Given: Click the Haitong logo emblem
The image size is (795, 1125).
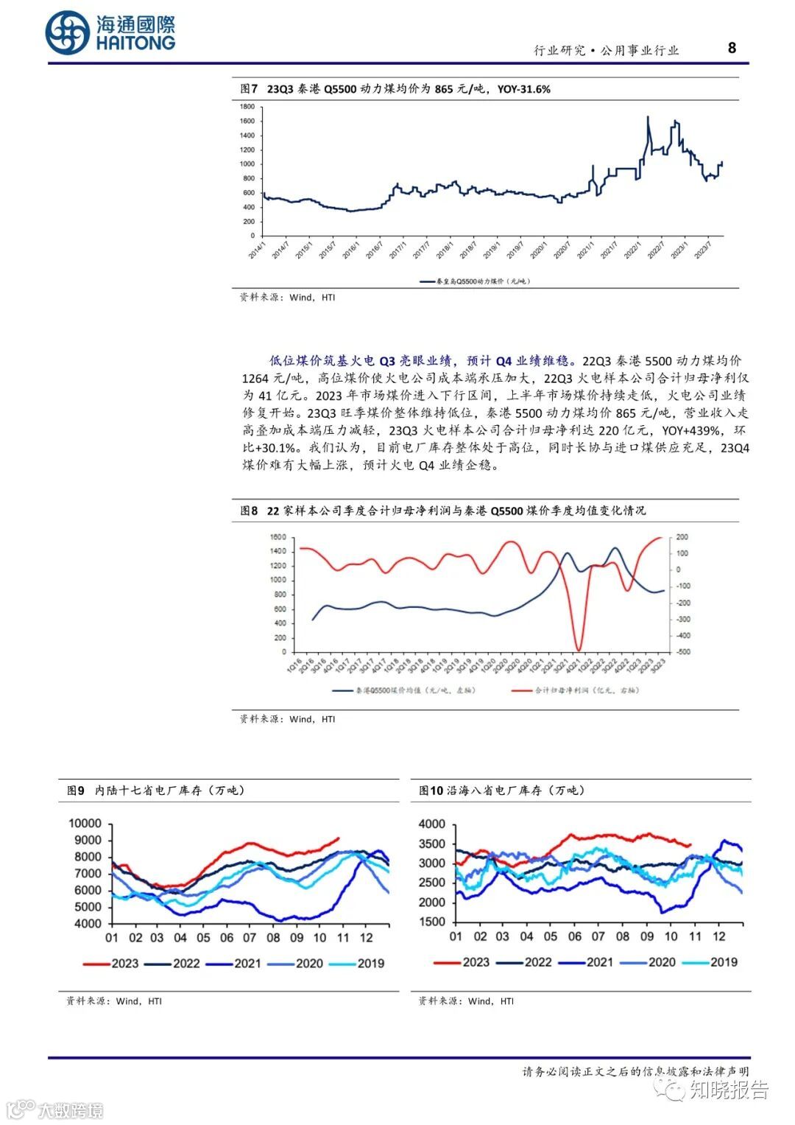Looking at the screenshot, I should coord(67,33).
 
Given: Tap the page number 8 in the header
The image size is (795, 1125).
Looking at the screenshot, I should coord(732,48).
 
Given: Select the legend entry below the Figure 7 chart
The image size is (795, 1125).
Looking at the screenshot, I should coord(475,281).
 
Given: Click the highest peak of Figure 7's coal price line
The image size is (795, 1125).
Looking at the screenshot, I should coord(648,116).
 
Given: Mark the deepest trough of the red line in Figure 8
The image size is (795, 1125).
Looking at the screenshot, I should coord(579,650).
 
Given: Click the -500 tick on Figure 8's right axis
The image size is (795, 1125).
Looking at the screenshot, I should coord(682,652).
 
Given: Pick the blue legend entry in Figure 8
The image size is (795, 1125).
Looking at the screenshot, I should coord(404,690).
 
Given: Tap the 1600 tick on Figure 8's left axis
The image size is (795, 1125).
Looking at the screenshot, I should coord(278,537).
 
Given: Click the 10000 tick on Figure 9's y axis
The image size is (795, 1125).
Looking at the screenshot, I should coord(85,823).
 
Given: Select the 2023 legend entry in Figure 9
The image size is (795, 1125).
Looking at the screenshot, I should coord(111,963).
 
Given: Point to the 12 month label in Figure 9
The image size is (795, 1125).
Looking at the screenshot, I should coord(366,938).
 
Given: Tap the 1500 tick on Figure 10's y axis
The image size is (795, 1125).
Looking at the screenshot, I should coord(432,922).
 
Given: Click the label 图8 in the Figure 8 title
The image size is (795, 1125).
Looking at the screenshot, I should coord(249,511).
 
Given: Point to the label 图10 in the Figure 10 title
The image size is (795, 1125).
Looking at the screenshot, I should coord(431,791).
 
